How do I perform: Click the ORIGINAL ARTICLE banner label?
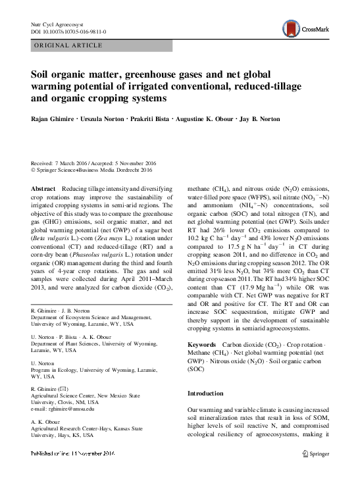pyautogui.click(x=67, y=45)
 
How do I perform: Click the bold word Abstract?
pyautogui.click(x=43, y=188)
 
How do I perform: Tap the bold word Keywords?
pyautogui.click(x=201, y=345)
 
